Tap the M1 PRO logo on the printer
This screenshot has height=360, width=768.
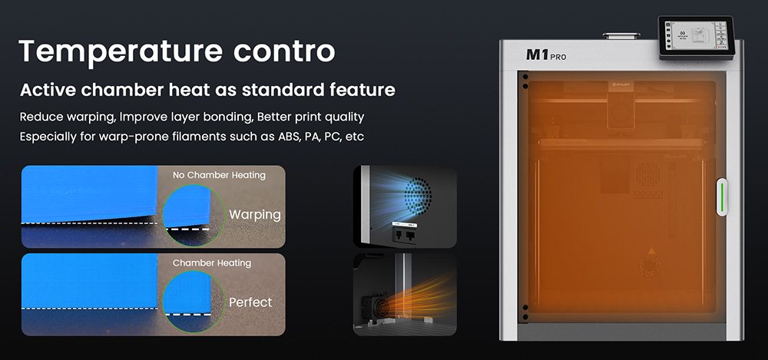point(546,55)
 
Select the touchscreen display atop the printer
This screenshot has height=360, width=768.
point(696,38)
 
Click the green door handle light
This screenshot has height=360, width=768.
point(722,197)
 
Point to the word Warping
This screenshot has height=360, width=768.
point(255,214)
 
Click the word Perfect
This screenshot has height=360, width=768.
point(250,302)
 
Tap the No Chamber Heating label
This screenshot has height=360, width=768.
point(219,175)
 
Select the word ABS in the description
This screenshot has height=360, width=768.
point(286,137)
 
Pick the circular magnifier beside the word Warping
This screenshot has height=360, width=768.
point(194,216)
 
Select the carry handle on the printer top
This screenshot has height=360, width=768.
point(621,36)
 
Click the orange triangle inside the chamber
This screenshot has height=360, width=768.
point(651,251)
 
